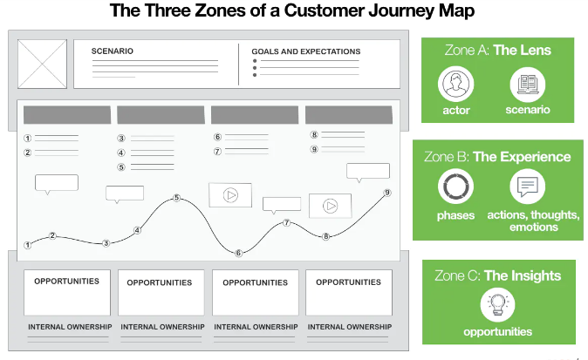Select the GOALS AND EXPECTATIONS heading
(305, 51)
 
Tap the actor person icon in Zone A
(455, 85)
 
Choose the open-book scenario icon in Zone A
(528, 85)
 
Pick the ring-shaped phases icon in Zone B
(455, 186)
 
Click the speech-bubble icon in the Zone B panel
(528, 186)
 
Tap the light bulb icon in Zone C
(498, 305)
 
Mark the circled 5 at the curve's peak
(177, 199)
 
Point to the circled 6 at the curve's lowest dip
(237, 253)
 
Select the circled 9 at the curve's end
(386, 193)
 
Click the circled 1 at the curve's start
(28, 245)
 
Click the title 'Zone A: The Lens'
(498, 51)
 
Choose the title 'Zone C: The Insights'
(497, 275)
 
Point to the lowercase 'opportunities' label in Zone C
(498, 331)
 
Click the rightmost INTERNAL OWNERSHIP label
(348, 327)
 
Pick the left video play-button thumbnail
(230, 195)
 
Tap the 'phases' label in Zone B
(455, 214)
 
